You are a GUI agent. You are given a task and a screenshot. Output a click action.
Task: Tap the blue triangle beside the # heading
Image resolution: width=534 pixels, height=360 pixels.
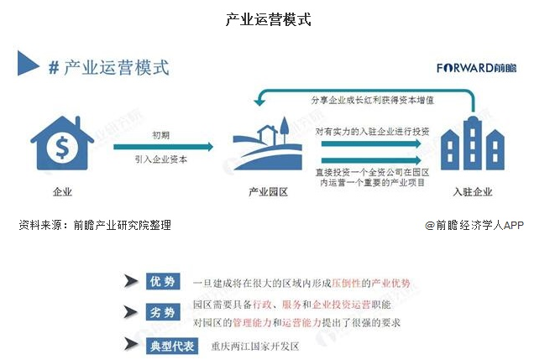pos(29,66)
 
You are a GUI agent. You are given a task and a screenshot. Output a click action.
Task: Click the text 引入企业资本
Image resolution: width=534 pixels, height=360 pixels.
pos(164,158)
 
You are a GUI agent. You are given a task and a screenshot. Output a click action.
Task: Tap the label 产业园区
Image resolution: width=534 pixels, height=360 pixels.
pos(268,192)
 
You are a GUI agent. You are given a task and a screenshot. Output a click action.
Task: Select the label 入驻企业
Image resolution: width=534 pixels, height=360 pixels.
pos(469,192)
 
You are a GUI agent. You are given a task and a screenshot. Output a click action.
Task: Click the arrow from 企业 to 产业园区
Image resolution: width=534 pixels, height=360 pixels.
pos(164,146)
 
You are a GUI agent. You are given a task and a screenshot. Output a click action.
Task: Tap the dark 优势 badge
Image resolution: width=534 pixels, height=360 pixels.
pos(161,282)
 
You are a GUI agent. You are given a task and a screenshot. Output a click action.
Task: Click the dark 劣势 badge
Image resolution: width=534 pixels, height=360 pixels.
pos(161,312)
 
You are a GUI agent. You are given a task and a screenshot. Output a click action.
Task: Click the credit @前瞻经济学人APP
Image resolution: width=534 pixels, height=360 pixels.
pos(474,225)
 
